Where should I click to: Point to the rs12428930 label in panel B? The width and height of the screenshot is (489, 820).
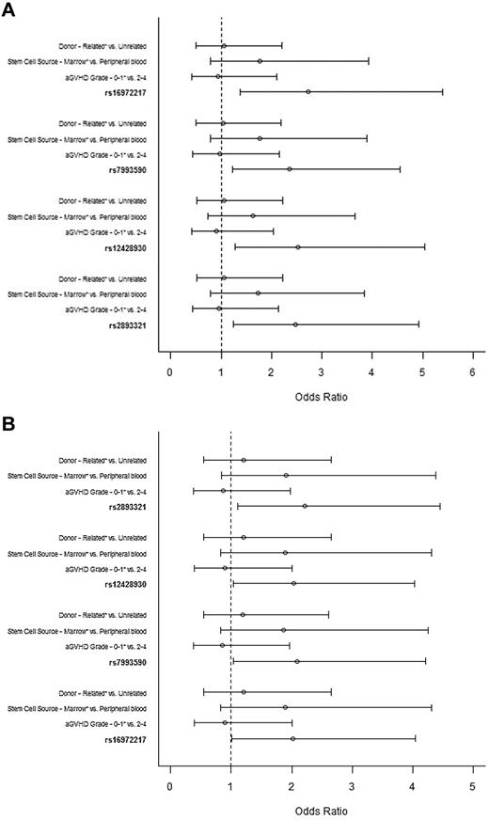(131, 584)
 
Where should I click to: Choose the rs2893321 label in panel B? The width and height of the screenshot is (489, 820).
(133, 507)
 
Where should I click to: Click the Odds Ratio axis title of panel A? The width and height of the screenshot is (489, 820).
(321, 396)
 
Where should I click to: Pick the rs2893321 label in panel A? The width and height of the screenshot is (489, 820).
(133, 324)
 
